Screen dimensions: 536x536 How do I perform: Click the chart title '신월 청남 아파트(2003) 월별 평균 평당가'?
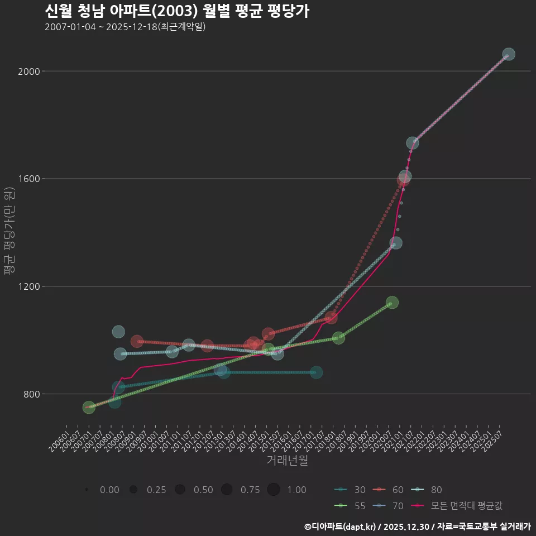(x=176, y=11)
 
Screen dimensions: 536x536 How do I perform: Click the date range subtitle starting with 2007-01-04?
(x=125, y=27)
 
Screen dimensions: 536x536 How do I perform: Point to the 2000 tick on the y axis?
(x=27, y=71)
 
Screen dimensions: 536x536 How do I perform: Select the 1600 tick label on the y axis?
(x=27, y=179)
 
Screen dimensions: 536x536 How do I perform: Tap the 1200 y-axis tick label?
(x=27, y=286)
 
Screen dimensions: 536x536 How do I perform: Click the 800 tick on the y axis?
(x=29, y=394)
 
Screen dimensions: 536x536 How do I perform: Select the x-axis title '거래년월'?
(x=287, y=460)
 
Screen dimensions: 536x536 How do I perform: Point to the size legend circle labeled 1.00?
(x=273, y=490)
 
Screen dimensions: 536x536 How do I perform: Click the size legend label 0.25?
(x=156, y=490)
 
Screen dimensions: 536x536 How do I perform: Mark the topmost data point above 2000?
(x=508, y=54)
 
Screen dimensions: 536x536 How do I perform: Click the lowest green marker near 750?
(x=89, y=408)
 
